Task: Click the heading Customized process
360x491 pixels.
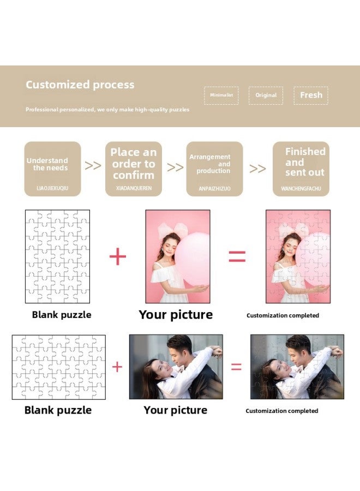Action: tap(80, 85)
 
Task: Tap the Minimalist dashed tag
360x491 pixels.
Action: tap(221, 95)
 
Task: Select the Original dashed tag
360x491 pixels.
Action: tap(266, 95)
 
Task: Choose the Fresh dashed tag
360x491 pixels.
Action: tap(311, 95)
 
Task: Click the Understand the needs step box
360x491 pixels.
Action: tap(52, 169)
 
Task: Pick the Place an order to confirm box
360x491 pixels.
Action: tap(133, 169)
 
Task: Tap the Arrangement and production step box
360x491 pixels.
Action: tap(214, 169)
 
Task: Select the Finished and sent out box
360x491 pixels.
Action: tap(301, 169)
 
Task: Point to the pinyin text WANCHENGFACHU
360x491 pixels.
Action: tap(301, 189)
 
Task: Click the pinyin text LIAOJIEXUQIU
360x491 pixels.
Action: tap(52, 189)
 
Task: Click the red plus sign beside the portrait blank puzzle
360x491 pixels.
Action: tap(118, 256)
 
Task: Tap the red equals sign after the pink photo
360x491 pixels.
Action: tap(237, 256)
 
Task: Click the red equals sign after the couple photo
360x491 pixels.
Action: tap(236, 367)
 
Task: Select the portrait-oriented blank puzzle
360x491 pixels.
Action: tap(57, 256)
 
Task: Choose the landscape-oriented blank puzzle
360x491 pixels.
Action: tap(59, 367)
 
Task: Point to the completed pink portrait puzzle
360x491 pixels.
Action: tap(298, 256)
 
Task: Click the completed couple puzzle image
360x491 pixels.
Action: tap(297, 367)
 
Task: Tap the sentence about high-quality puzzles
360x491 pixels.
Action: tap(107, 110)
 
